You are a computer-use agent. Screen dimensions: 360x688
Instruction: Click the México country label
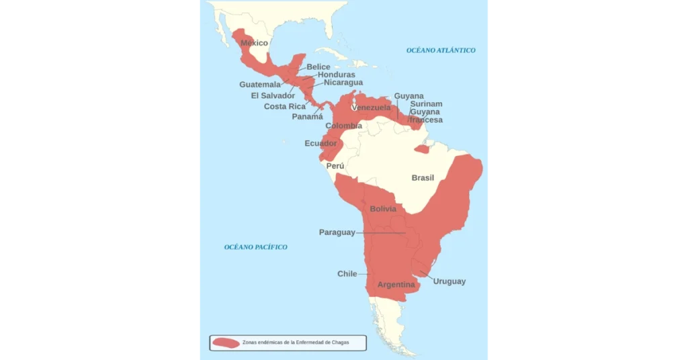tap(254, 43)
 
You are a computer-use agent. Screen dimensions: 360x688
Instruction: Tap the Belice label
tap(318, 66)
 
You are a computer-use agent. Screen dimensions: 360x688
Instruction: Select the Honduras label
tap(336, 75)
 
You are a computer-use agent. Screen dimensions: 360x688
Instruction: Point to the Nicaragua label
tap(343, 83)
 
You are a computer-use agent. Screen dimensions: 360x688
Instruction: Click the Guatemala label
tap(260, 85)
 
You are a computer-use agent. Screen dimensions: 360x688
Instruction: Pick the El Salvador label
tap(273, 95)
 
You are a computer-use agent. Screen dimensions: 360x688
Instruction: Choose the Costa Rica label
tap(285, 106)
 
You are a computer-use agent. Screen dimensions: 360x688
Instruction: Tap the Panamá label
tap(307, 116)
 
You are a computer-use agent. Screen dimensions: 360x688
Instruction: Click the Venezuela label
tap(370, 107)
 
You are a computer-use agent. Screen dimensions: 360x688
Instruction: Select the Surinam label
tap(426, 104)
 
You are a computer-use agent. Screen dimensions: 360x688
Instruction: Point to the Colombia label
tap(343, 126)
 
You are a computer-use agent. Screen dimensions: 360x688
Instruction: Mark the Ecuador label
tap(320, 143)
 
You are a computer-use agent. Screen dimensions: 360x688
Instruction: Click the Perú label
tap(335, 166)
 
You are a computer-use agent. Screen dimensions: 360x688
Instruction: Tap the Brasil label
tap(423, 178)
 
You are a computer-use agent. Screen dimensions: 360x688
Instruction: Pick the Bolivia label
tap(383, 209)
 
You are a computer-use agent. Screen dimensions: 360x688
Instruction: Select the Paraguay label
tap(337, 232)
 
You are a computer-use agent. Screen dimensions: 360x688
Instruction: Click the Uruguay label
tap(449, 281)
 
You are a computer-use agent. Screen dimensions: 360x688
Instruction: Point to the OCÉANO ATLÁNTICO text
tap(441, 50)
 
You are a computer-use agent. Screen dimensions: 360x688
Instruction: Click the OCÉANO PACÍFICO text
tap(255, 247)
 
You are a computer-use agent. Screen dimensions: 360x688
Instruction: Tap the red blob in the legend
tap(226, 343)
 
